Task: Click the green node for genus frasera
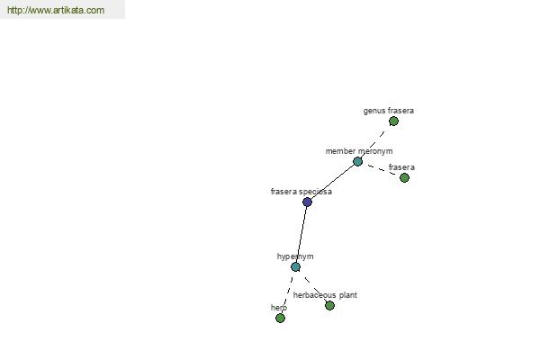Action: pyautogui.click(x=393, y=121)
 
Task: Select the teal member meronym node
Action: pyautogui.click(x=358, y=161)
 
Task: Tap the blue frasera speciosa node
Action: pyautogui.click(x=307, y=202)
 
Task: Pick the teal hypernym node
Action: pyautogui.click(x=295, y=266)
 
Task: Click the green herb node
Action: pyautogui.click(x=280, y=318)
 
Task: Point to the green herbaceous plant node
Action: pyautogui.click(x=329, y=305)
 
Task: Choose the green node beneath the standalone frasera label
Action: pyautogui.click(x=404, y=178)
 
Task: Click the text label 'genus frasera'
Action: pyautogui.click(x=389, y=111)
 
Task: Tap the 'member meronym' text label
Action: pyautogui.click(x=359, y=151)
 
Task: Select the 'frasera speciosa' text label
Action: pyautogui.click(x=301, y=192)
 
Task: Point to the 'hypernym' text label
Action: pyautogui.click(x=295, y=256)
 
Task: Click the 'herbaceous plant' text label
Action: pyautogui.click(x=325, y=295)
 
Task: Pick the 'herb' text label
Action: pyautogui.click(x=279, y=308)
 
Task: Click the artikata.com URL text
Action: pyautogui.click(x=56, y=10)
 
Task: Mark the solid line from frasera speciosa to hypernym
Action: pyautogui.click(x=301, y=234)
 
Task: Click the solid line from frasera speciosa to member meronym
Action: pyautogui.click(x=332, y=182)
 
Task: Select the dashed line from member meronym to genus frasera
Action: pyautogui.click(x=375, y=141)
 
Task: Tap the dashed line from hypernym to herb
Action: pyautogui.click(x=288, y=292)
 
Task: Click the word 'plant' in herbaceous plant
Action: pyautogui.click(x=348, y=295)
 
